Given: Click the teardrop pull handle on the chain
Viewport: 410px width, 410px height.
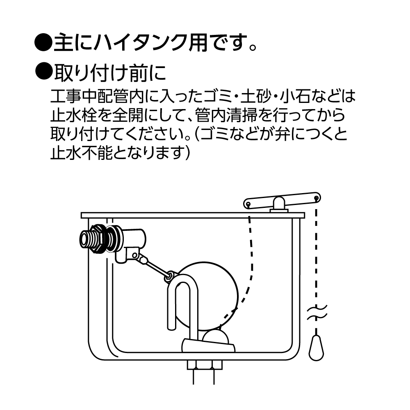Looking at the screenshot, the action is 316,348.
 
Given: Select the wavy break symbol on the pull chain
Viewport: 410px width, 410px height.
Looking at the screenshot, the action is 317,312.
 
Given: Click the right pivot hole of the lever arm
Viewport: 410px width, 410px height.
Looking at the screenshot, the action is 316,198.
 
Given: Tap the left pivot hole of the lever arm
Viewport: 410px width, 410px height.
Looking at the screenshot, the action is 248,204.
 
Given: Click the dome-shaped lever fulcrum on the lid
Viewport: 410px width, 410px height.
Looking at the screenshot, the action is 279,203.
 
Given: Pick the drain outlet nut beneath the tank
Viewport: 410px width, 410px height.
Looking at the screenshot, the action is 205,365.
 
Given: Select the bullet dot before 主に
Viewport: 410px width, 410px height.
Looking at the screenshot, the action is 43,43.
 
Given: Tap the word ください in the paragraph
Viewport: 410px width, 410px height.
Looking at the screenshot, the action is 158,134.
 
